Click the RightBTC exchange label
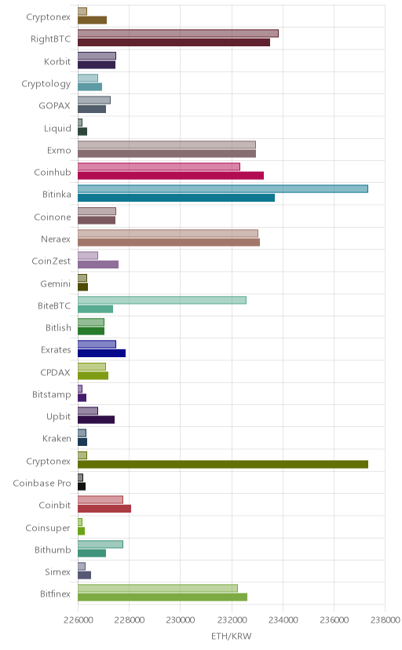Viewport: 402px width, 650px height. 50,39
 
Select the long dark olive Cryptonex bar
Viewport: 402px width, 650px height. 223,464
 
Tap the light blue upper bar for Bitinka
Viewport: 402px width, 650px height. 223,188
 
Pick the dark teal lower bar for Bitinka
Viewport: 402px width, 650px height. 176,198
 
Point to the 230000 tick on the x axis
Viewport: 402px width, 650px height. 181,619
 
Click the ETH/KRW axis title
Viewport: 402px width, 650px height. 232,637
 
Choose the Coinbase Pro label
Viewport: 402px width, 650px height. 42,484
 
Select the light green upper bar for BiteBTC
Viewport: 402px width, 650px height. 162,300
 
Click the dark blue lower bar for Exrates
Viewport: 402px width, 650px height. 101,353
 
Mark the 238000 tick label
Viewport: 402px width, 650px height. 386,619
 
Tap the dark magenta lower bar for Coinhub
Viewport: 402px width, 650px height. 170,175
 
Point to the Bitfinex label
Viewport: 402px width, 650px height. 55,594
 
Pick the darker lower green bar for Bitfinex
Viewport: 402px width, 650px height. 163,597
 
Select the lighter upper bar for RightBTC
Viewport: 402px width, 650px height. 178,33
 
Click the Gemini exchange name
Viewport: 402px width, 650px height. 56,284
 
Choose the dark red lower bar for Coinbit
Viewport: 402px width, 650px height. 104,509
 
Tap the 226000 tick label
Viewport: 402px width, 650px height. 78,619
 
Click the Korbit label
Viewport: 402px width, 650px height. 57,61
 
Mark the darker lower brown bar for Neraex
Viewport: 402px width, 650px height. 169,242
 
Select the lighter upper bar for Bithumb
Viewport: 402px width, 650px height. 100,544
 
